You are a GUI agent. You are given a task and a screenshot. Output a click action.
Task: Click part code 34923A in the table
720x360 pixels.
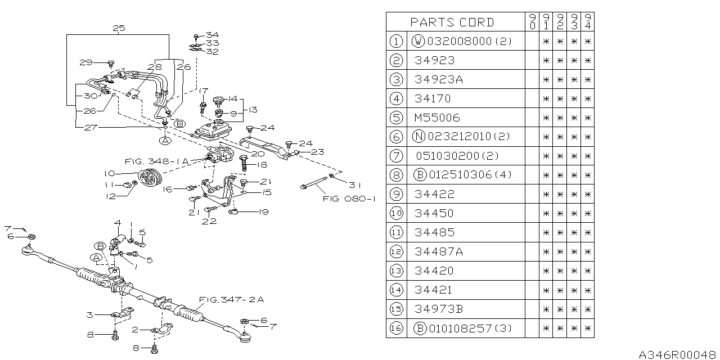coord(439,79)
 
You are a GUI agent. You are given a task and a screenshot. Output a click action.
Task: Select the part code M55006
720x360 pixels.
coord(437,118)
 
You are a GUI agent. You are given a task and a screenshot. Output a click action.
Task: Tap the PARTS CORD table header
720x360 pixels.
coord(452,22)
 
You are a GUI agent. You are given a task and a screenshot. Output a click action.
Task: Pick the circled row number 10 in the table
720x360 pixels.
coord(396,213)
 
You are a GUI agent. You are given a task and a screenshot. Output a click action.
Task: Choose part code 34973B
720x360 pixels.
coord(439,309)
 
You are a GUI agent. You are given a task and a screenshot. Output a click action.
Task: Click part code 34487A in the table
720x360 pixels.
coord(439,251)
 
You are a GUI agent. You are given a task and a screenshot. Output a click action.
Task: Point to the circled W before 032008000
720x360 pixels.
coord(418,41)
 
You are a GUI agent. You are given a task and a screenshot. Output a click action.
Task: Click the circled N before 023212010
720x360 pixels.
coord(418,137)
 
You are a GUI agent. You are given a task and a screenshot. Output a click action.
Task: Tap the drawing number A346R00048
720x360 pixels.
coord(678,354)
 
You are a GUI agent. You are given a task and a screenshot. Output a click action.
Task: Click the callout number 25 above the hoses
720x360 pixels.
coord(118,28)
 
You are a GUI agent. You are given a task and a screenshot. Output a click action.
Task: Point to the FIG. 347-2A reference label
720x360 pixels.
coord(231,300)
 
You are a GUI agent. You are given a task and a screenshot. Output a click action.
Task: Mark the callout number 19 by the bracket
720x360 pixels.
coord(263,212)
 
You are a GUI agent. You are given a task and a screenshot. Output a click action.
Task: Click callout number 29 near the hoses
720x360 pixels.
coord(85,62)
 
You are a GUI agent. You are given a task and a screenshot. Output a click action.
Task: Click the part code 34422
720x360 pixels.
coord(434,194)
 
